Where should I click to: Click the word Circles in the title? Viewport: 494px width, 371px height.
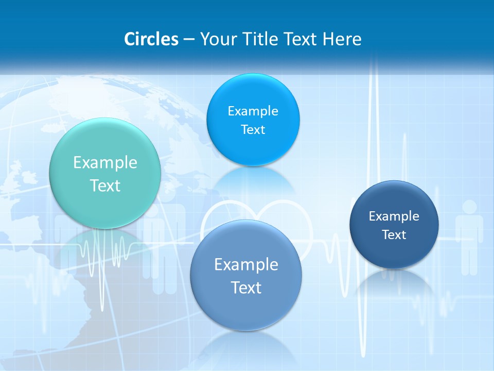pos(151,39)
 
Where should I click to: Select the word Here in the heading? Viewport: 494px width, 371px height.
pos(342,39)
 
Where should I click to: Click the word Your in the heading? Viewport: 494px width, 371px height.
pos(217,39)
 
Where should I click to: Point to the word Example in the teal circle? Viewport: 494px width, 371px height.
pos(105,163)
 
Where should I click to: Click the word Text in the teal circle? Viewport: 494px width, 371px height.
pos(105,185)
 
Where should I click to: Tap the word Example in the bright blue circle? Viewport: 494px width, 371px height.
pos(253,111)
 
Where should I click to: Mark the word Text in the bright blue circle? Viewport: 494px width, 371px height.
pos(253,130)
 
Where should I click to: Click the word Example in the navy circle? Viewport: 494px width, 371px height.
pos(394,216)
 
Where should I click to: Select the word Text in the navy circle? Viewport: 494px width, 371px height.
pos(394,235)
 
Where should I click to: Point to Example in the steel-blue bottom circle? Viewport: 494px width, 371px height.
pos(246,265)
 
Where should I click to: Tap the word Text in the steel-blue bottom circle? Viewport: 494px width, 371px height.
pos(246,288)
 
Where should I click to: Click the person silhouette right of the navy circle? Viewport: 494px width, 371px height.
pos(469,237)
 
